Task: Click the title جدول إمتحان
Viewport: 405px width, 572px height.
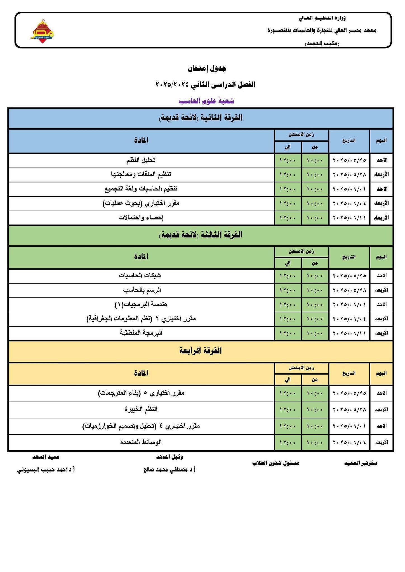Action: pyautogui.click(x=206, y=68)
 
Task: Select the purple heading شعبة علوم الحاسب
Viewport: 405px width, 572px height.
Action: pyautogui.click(x=206, y=101)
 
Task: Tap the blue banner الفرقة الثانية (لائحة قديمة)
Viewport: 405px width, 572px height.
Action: pyautogui.click(x=201, y=118)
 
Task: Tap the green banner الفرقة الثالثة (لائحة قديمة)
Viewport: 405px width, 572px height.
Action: pyautogui.click(x=201, y=235)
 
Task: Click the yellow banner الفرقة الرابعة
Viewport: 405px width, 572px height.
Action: pyautogui.click(x=201, y=351)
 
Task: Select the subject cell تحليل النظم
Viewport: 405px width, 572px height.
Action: pyautogui.click(x=141, y=160)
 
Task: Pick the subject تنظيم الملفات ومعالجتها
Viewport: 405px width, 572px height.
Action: pyautogui.click(x=141, y=175)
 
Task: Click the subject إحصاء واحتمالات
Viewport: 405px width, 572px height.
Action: pyautogui.click(x=141, y=218)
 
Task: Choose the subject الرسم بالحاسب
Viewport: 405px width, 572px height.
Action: pyautogui.click(x=142, y=290)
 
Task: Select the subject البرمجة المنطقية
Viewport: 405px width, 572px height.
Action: pyautogui.click(x=141, y=333)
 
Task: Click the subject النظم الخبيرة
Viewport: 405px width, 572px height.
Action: pyautogui.click(x=141, y=410)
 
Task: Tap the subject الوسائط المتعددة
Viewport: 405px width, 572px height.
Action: pyautogui.click(x=141, y=442)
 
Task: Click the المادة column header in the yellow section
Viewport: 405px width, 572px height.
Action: pyautogui.click(x=141, y=373)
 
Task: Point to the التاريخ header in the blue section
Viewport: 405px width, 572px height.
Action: pyautogui.click(x=349, y=141)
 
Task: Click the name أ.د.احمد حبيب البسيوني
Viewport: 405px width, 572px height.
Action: pyautogui.click(x=46, y=470)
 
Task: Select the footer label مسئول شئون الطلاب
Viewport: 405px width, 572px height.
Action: pyautogui.click(x=276, y=463)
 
